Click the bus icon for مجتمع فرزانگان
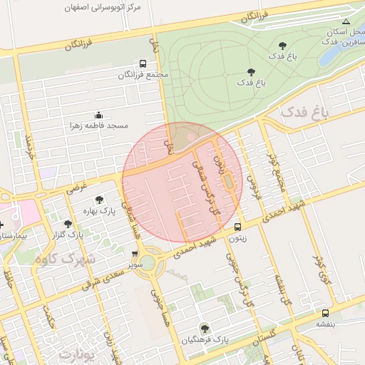point(143,63)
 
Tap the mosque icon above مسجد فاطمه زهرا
point(98,115)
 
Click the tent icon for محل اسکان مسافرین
point(346,22)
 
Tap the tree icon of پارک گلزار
point(68,224)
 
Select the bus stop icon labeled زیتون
point(237,227)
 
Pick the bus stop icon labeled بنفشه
point(325,312)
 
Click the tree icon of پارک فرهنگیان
point(205,329)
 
